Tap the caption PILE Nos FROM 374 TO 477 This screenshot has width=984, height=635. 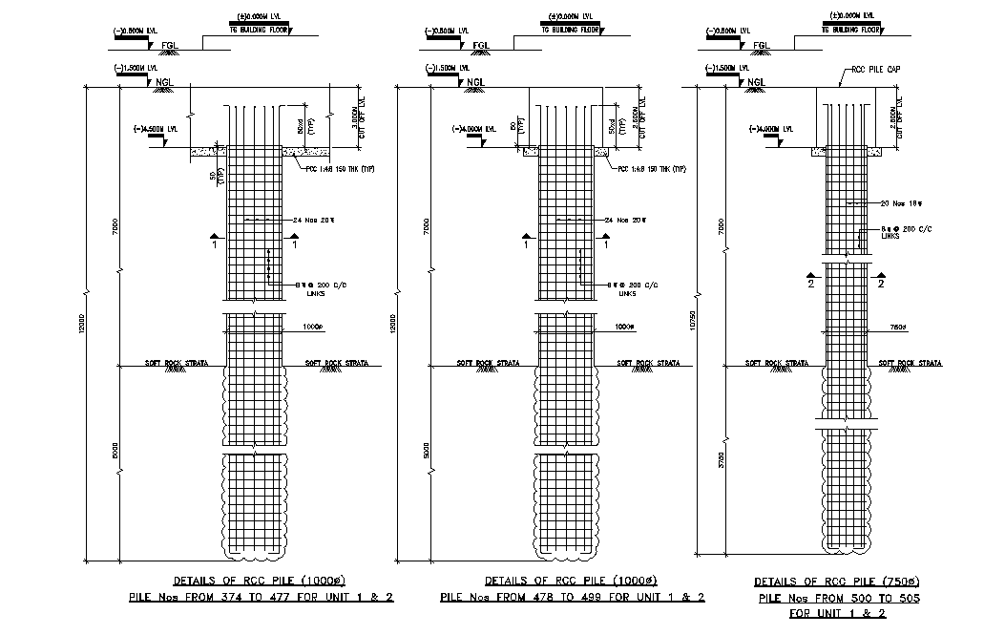[x=262, y=598]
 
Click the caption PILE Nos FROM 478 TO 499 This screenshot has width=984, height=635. [x=572, y=598]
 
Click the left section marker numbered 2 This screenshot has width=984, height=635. [x=811, y=284]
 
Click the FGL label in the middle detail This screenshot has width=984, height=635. [x=481, y=45]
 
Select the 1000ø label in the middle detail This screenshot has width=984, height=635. [x=625, y=327]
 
